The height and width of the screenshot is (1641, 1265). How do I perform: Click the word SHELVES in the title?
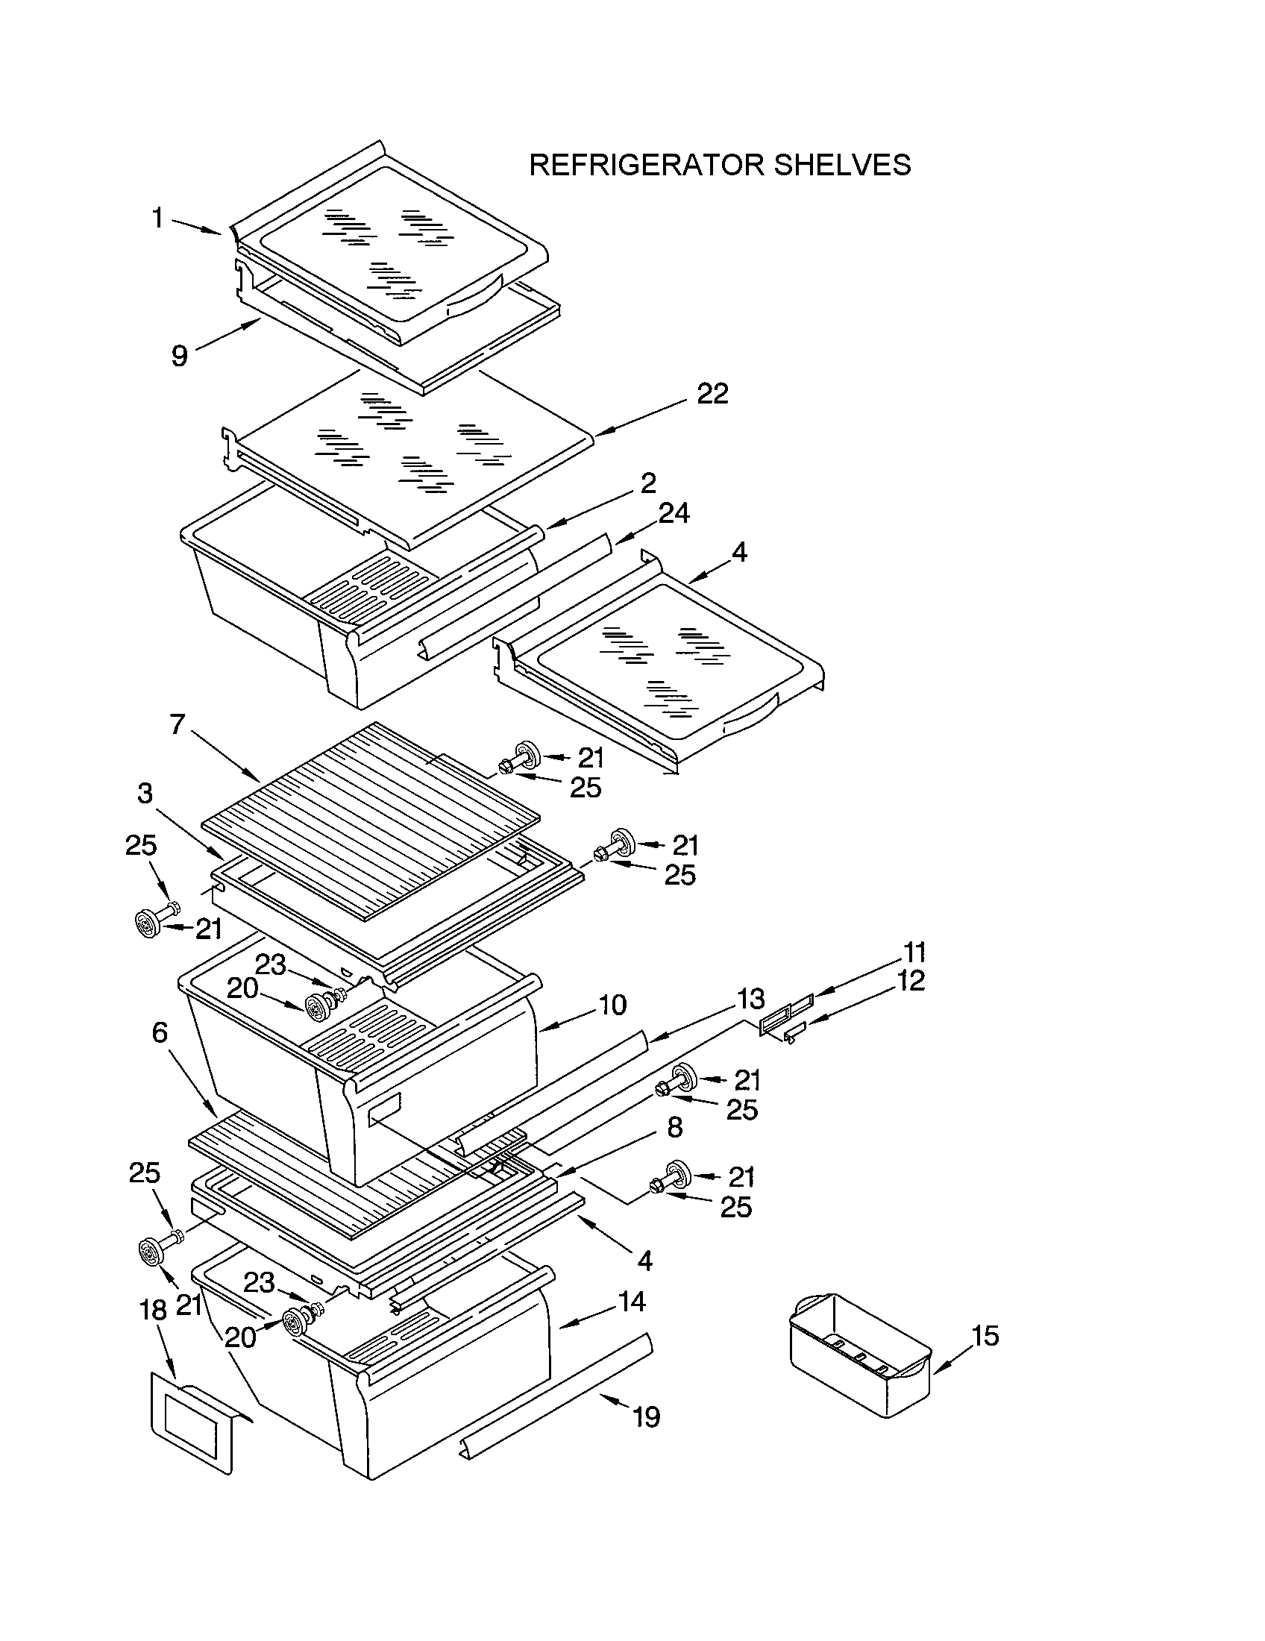(x=842, y=165)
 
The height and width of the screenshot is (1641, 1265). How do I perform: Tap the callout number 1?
(x=157, y=218)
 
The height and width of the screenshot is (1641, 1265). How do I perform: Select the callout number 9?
(x=180, y=354)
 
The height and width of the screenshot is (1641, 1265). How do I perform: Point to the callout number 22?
(x=712, y=393)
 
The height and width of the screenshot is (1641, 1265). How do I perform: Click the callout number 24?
(x=674, y=513)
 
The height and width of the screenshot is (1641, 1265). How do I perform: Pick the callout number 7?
(x=178, y=724)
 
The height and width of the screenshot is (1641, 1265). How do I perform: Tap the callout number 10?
(x=613, y=1005)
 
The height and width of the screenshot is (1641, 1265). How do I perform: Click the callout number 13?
(x=750, y=999)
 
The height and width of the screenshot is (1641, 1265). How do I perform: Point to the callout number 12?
(x=911, y=981)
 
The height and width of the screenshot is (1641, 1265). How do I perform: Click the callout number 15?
(x=985, y=1335)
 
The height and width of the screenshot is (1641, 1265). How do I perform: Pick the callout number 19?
(x=646, y=1416)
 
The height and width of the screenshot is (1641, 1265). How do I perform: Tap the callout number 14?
(x=632, y=1302)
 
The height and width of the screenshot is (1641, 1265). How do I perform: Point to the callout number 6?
(x=160, y=1032)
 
